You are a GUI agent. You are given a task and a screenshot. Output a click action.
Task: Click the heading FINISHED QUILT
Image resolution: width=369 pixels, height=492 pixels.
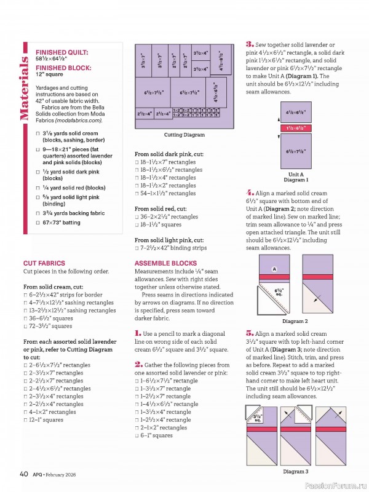point(61,53)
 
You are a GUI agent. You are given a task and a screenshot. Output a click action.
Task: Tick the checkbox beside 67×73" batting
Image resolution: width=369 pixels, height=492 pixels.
point(38,222)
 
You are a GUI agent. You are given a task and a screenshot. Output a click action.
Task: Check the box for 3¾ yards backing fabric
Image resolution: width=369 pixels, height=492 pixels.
point(38,212)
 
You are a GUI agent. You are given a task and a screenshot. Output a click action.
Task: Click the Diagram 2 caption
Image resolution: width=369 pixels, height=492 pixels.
point(295,321)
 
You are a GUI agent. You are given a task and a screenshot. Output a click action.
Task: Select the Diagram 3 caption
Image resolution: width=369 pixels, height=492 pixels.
point(295,472)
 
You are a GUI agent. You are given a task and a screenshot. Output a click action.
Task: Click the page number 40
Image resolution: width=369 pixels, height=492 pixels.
point(24,474)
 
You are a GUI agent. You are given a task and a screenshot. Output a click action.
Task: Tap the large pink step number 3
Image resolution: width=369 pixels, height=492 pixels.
point(250,44)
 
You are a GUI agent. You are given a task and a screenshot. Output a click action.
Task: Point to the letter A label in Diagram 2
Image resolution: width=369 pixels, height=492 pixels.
point(274,269)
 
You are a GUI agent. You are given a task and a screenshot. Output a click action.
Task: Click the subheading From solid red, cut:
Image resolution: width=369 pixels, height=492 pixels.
point(160,209)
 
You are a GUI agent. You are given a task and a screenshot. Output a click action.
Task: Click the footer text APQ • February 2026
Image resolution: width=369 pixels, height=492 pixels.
point(59,474)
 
